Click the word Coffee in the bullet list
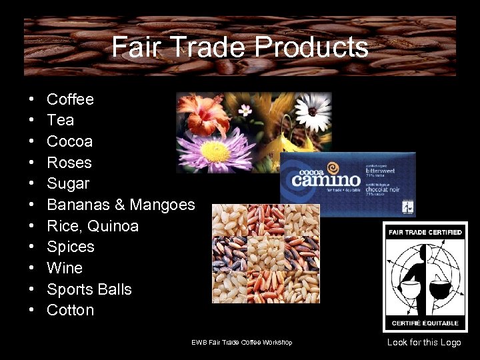pyautogui.click(x=70, y=99)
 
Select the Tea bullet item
pyautogui.click(x=60, y=120)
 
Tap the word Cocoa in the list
pyautogui.click(x=69, y=141)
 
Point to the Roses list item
pyautogui.click(x=69, y=163)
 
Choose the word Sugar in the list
pyautogui.click(x=68, y=183)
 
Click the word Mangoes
pyautogui.click(x=162, y=205)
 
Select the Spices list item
pyautogui.click(x=70, y=247)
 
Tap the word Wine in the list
pyautogui.click(x=65, y=268)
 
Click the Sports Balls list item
pyautogui.click(x=89, y=289)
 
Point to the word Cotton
pyautogui.click(x=70, y=310)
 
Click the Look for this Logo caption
pyautogui.click(x=424, y=342)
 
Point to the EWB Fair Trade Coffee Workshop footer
pyautogui.click(x=241, y=343)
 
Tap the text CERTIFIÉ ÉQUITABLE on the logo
pyautogui.click(x=425, y=323)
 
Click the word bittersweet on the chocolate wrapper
pyautogui.click(x=381, y=171)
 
